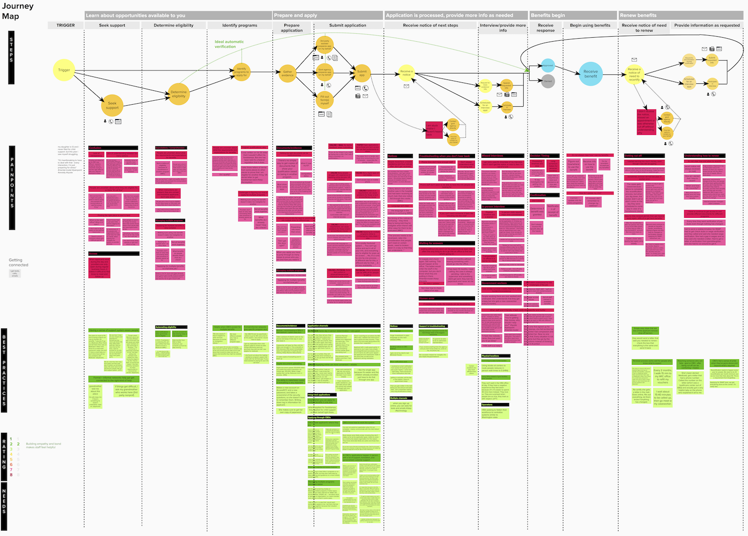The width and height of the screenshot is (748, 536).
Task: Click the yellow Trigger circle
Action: click(x=64, y=70)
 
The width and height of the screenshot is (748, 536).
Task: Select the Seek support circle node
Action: click(x=112, y=105)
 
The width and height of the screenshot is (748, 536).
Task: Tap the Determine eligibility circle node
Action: click(x=179, y=94)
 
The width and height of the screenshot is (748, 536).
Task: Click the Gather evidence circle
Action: click(x=288, y=74)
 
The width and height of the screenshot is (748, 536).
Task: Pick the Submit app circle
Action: click(x=362, y=73)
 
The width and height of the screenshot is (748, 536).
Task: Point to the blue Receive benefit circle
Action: click(x=590, y=74)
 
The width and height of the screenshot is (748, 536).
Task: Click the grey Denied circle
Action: click(x=547, y=81)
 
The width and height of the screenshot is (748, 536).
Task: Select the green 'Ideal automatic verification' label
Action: click(x=229, y=44)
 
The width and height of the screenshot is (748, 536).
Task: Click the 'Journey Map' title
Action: click(x=17, y=11)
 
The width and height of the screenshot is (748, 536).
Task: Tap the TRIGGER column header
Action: click(x=66, y=25)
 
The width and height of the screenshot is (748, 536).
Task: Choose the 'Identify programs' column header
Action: click(x=240, y=25)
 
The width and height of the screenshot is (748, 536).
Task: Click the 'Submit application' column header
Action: click(x=347, y=25)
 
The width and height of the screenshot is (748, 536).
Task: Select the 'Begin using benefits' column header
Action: click(x=590, y=25)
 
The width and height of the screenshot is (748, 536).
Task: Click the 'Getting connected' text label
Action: click(x=18, y=263)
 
